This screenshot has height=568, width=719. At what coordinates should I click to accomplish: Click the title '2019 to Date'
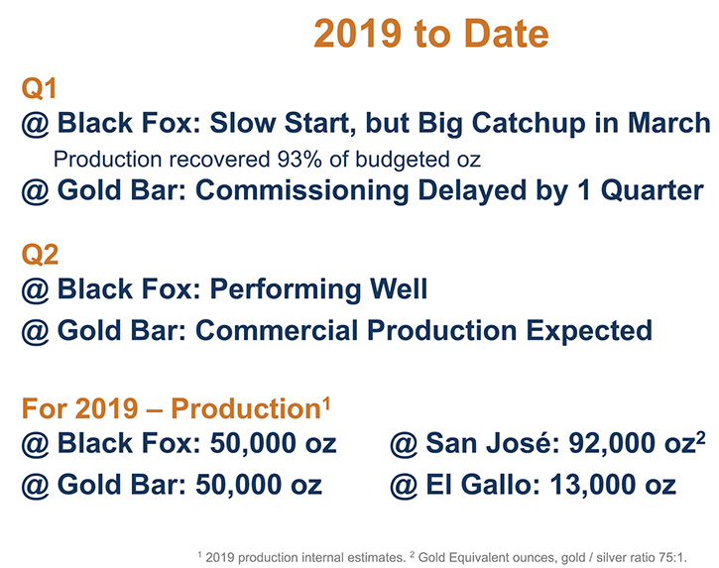[431, 34]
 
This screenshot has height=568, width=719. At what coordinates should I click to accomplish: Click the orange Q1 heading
[39, 88]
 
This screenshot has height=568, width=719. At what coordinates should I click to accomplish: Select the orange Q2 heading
[40, 255]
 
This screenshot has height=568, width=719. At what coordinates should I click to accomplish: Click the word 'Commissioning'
[302, 190]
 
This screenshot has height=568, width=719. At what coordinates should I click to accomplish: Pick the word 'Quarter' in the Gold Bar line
[652, 190]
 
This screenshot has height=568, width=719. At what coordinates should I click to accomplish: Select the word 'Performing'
[286, 289]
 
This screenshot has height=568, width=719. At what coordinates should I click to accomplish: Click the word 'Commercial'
[277, 330]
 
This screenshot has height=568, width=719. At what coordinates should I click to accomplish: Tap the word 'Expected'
[589, 331]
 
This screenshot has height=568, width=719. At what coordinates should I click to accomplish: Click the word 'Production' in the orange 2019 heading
[246, 408]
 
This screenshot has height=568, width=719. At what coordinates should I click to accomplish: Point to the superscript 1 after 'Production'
[326, 403]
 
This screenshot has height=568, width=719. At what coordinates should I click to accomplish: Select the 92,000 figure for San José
[607, 444]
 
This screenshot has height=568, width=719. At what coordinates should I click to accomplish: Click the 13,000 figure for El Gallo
[588, 485]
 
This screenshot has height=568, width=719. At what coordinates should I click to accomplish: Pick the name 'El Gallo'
[481, 485]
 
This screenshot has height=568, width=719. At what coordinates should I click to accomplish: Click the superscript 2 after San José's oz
[700, 438]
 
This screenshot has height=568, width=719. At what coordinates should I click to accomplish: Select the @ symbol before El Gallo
[404, 486]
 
